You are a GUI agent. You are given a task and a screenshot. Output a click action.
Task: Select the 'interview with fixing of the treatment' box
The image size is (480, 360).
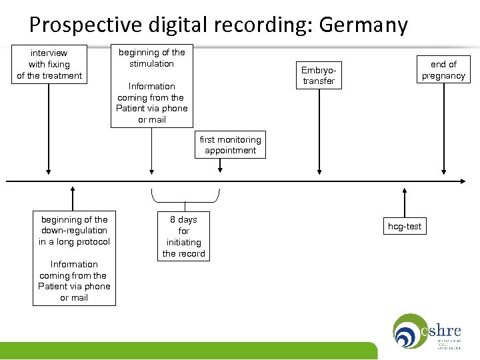coord(49,64)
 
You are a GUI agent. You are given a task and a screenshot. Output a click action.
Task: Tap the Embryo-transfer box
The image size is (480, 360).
coord(319,75)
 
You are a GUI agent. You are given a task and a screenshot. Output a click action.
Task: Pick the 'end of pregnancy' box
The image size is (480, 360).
coord(443,69)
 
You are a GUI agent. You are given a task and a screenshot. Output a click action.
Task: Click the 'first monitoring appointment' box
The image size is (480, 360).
coord(230,145)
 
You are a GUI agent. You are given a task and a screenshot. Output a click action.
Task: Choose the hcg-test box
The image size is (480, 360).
coord(405,226)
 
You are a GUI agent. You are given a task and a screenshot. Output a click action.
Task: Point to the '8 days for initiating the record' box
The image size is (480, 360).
coord(183,236)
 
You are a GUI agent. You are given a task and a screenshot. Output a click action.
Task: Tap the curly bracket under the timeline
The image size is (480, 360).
coord(185,198)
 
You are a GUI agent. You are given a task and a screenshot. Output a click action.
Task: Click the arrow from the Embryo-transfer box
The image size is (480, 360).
coord(319,133)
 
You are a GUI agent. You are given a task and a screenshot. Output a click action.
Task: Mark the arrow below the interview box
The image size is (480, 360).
coord(49,127)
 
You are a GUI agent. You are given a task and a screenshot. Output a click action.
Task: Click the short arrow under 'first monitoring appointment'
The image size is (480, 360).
coord(219,167)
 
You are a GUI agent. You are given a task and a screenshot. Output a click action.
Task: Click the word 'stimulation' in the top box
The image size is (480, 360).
coord(151,63)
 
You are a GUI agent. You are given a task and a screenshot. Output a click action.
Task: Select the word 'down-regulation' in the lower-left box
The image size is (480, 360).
coord(74,230)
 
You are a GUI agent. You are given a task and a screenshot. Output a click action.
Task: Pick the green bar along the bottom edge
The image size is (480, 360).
coord(187,351)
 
